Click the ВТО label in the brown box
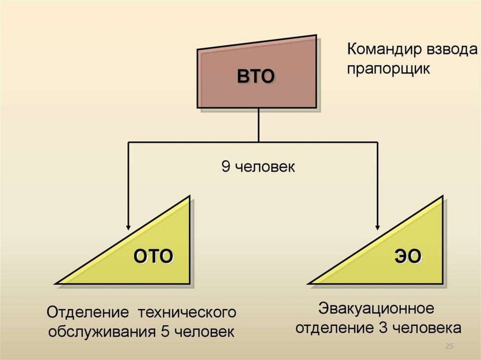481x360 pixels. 255,76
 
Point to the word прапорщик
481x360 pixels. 388,69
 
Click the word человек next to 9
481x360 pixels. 265,167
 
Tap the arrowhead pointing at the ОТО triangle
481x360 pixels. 128,226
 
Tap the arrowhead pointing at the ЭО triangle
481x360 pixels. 378,226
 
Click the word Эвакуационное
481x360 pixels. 375,309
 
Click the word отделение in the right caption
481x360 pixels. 335,327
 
